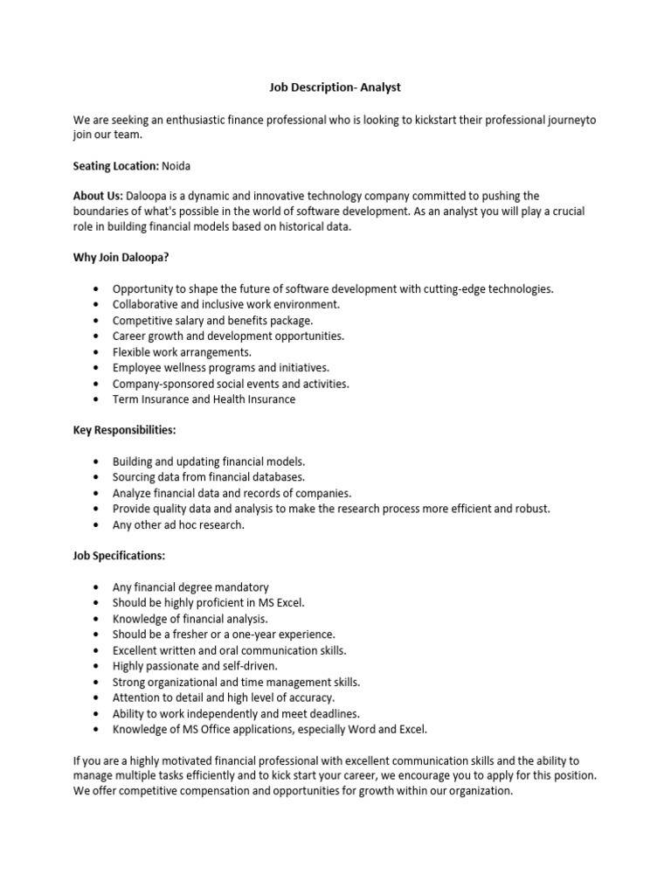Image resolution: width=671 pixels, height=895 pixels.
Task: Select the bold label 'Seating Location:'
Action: pos(115,165)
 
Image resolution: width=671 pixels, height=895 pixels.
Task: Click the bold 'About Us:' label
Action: pos(98,196)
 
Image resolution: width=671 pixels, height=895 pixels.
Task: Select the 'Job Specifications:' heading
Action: pos(119,555)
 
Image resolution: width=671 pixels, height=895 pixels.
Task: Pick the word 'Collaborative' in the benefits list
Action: pos(146,304)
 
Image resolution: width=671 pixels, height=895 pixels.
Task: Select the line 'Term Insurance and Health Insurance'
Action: pos(204,399)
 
